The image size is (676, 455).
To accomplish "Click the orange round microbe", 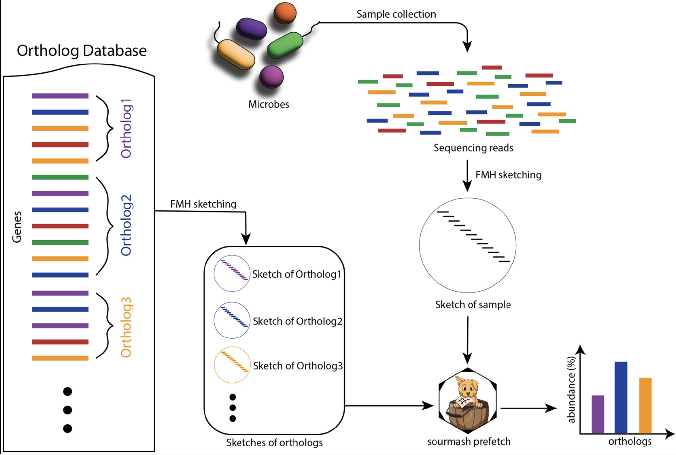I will click(x=285, y=13).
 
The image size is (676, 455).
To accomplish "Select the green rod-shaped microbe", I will click(x=285, y=45).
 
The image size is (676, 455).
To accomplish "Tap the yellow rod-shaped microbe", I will click(x=236, y=54).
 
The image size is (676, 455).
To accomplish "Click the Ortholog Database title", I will click(x=81, y=51).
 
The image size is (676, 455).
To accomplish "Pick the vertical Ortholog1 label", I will click(x=126, y=128).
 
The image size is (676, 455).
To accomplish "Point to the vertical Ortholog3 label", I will click(x=126, y=327).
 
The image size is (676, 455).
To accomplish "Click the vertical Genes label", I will click(x=17, y=227).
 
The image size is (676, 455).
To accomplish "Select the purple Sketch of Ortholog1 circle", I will click(x=232, y=273).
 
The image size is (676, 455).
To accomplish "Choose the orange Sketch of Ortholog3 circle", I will click(x=232, y=365).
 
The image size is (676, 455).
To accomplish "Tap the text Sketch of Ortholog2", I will click(x=297, y=321).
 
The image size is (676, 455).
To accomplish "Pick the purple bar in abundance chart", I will click(x=597, y=414).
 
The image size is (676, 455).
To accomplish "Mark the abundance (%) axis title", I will click(x=571, y=390).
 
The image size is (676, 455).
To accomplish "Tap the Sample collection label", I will click(x=396, y=14).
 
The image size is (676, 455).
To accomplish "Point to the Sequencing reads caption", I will click(x=473, y=148).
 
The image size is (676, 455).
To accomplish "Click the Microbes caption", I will click(x=268, y=104).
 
